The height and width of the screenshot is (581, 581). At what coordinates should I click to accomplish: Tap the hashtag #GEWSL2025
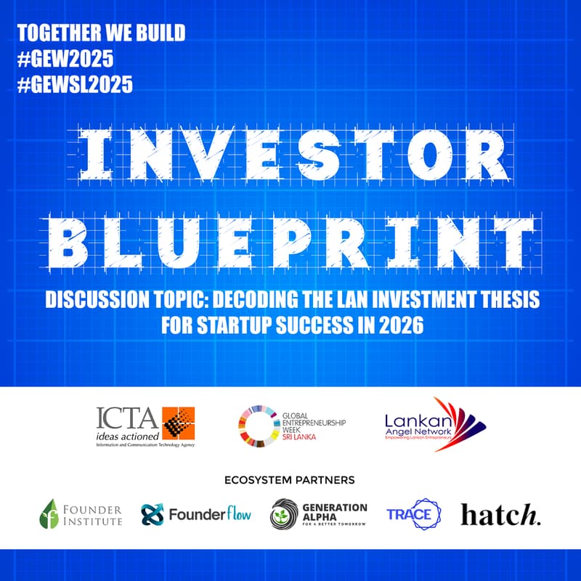tap(75, 84)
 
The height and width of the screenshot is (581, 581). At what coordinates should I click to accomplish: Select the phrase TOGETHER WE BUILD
tap(101, 33)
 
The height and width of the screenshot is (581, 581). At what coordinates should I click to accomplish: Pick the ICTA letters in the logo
tap(127, 418)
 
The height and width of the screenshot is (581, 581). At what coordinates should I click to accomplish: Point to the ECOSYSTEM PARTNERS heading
tap(290, 480)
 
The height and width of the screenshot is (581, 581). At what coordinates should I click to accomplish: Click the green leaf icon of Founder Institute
tap(49, 513)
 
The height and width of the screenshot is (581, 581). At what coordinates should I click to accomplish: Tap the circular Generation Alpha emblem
tap(283, 515)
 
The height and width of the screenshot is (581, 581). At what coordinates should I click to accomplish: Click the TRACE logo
tap(413, 515)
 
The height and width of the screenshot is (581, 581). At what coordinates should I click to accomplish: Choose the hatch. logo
tap(501, 515)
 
